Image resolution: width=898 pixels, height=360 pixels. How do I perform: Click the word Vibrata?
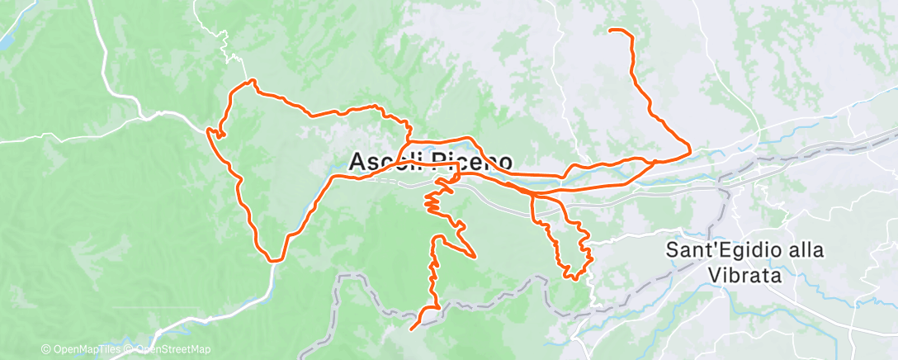coord(744,275)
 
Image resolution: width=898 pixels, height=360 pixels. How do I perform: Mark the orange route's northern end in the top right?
coord(611,31)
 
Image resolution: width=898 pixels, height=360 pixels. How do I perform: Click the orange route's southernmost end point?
coord(411,329)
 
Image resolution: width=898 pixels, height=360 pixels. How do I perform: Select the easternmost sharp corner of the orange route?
coord(690,150)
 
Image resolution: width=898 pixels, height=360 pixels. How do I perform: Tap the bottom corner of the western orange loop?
coord(272,259)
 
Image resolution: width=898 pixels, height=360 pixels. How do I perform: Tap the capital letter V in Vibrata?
coord(715,275)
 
